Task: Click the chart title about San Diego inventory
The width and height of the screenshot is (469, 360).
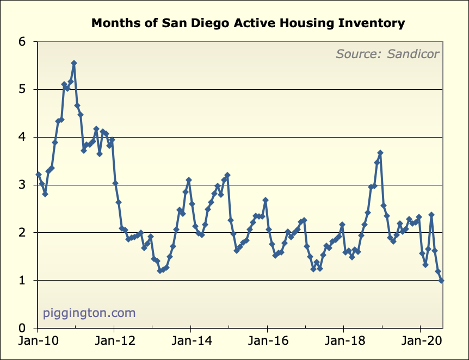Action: (248, 23)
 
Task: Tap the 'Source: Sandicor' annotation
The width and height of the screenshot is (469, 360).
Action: (387, 54)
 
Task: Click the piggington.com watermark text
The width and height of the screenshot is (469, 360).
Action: (89, 313)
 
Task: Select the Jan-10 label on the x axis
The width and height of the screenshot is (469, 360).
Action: (37, 343)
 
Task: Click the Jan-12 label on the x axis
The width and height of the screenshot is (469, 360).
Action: (114, 343)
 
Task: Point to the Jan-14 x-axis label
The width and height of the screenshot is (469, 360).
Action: (190, 343)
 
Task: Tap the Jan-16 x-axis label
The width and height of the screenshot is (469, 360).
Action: (267, 343)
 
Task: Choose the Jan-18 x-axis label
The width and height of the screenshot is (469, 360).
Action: (343, 343)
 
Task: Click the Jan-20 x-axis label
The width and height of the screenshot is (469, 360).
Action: (420, 343)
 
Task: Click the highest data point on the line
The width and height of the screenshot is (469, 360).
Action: (74, 63)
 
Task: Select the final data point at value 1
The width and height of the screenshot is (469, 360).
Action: (441, 281)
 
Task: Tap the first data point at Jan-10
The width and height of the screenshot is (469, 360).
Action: (38, 175)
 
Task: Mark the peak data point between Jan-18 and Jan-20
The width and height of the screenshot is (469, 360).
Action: (380, 153)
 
